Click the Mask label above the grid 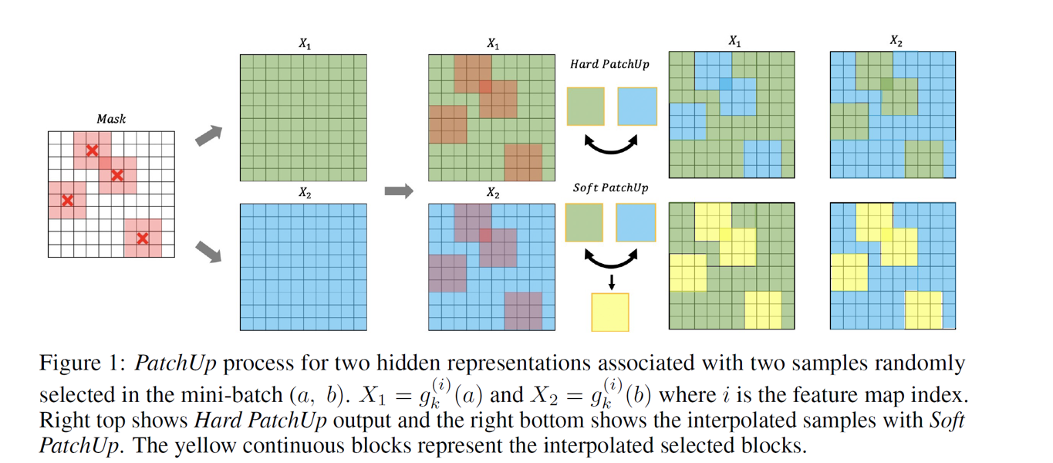pyautogui.click(x=111, y=120)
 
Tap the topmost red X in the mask pyautogui.click(x=92, y=150)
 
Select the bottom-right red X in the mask pyautogui.click(x=142, y=238)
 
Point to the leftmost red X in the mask pyautogui.click(x=67, y=201)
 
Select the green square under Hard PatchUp pyautogui.click(x=586, y=106)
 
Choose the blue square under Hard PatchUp pyautogui.click(x=636, y=106)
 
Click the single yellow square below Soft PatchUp pyautogui.click(x=610, y=313)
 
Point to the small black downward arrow pyautogui.click(x=611, y=282)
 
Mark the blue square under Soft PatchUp pyautogui.click(x=636, y=222)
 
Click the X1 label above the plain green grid pyautogui.click(x=305, y=45)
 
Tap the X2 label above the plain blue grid pyautogui.click(x=305, y=194)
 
